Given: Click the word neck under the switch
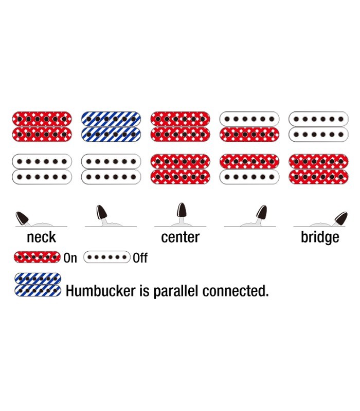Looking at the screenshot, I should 41,237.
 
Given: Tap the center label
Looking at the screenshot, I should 180,237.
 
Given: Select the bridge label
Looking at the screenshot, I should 320,237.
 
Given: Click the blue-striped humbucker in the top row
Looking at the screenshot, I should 111,126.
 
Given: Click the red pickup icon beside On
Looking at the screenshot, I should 38,256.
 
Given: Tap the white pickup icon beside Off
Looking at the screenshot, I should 107,256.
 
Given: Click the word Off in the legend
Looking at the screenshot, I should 140,258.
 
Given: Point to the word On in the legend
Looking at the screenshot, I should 70,258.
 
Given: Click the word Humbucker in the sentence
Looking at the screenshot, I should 100,291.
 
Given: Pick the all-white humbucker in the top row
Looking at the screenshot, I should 319,126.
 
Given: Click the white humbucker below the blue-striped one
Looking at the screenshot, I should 111,169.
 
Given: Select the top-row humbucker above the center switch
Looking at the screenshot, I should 181,126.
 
